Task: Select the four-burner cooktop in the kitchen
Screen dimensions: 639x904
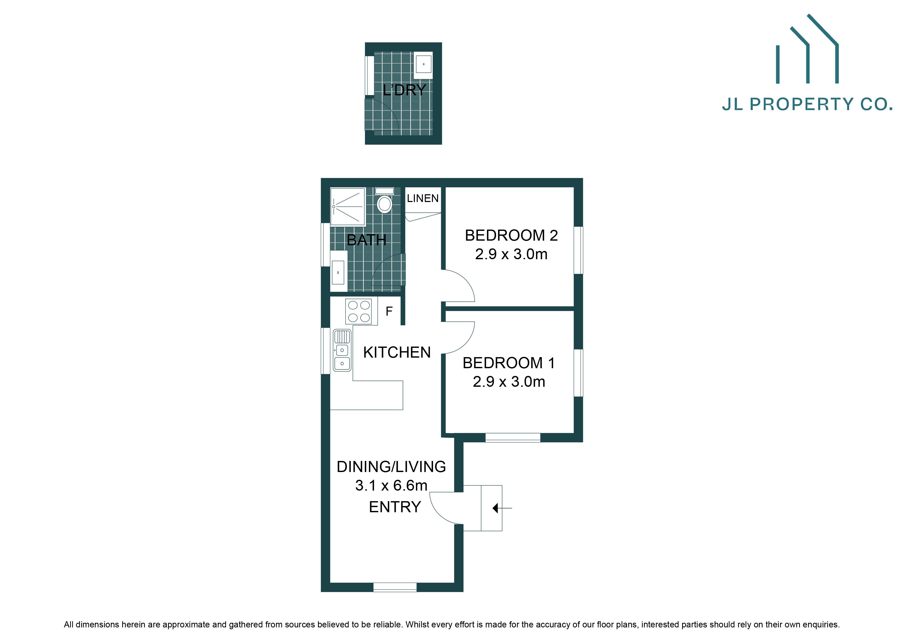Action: (x=359, y=311)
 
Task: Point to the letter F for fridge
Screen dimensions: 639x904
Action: (x=389, y=312)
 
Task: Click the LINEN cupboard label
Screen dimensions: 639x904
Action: (x=422, y=198)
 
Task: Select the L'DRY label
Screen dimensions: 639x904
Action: (x=404, y=90)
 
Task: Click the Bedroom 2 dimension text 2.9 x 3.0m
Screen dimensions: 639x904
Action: (x=511, y=254)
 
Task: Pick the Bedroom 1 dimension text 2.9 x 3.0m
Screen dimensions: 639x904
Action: (x=509, y=382)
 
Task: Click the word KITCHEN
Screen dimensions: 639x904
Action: (x=397, y=352)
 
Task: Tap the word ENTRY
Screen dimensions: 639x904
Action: (x=395, y=507)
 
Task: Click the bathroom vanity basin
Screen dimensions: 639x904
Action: (x=338, y=272)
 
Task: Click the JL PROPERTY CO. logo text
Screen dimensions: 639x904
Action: (x=807, y=104)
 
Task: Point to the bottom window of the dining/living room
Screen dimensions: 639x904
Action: (x=395, y=587)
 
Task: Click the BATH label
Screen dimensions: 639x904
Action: (x=366, y=240)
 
